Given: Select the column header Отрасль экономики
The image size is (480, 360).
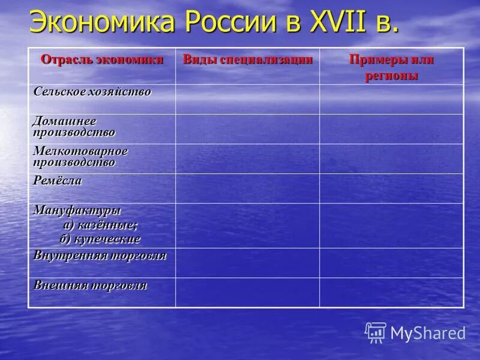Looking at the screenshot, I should pyautogui.click(x=101, y=60).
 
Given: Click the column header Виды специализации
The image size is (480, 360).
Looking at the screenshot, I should pyautogui.click(x=248, y=59).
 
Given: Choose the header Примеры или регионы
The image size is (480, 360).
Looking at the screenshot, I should pyautogui.click(x=392, y=67).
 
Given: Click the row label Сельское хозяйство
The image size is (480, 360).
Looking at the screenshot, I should pyautogui.click(x=92, y=92).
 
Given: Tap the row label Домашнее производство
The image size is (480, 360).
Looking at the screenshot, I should pyautogui.click(x=74, y=127).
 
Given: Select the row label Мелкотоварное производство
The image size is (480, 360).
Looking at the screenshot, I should pyautogui.click(x=80, y=157).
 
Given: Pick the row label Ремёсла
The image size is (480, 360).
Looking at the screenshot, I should pyautogui.click(x=58, y=181).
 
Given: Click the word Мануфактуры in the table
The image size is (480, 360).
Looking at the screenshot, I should pyautogui.click(x=77, y=211).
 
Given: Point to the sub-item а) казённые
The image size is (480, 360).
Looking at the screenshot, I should pyautogui.click(x=100, y=225).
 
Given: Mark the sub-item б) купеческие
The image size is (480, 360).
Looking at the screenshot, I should pyautogui.click(x=100, y=239).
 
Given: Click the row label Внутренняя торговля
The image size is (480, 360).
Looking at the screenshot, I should pyautogui.click(x=100, y=256).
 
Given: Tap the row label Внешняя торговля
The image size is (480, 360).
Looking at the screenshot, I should pyautogui.click(x=90, y=285).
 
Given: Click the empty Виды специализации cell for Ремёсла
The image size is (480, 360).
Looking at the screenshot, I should pyautogui.click(x=247, y=188).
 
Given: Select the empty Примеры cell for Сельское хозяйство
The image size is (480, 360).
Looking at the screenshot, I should pyautogui.click(x=391, y=99).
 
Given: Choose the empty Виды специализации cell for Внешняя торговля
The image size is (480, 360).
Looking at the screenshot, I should pyautogui.click(x=247, y=292).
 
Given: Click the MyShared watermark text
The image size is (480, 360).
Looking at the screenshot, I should pyautogui.click(x=428, y=333).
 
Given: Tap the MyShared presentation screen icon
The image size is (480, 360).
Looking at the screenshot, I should pyautogui.click(x=376, y=332).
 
